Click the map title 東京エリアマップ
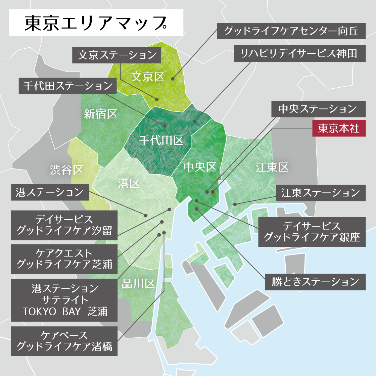tap(96, 23)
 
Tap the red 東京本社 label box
tap(339, 128)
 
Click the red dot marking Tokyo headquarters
tap(213, 192)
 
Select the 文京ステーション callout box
tap(116, 55)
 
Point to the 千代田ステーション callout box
tap(67, 86)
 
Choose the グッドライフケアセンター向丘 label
tap(291, 31)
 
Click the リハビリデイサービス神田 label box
tap(299, 53)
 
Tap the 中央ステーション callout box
tap(318, 109)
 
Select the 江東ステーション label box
tap(321, 193)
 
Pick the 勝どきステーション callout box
tap(315, 282)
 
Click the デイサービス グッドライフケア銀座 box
tap(312, 232)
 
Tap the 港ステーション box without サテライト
tap(50, 192)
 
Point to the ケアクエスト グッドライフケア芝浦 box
tap(64, 259)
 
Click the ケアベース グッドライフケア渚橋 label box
tap(64, 341)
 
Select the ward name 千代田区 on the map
tap(161, 140)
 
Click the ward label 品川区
tap(138, 284)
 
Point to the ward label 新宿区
tap(100, 114)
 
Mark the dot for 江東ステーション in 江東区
tap(235, 204)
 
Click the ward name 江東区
tap(272, 167)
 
